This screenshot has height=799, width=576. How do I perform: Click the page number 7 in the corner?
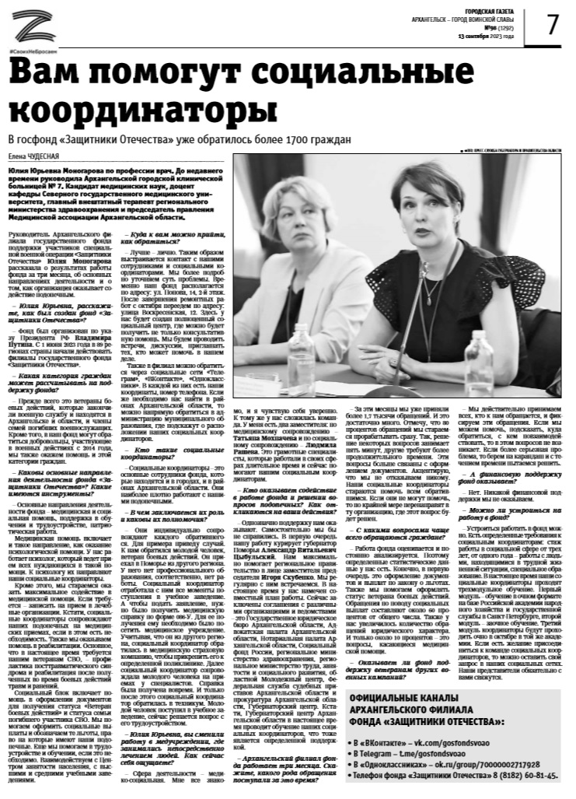point(552,25)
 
